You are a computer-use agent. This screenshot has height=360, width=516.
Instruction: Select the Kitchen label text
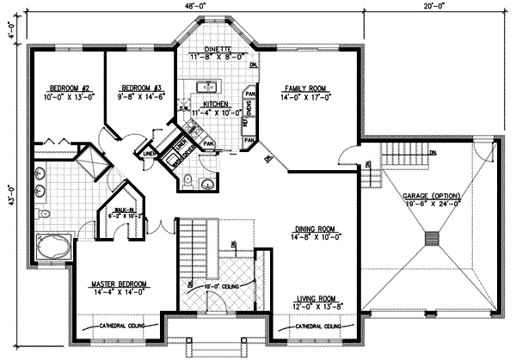point(206,103)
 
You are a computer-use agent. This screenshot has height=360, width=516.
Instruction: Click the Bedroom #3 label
point(142,88)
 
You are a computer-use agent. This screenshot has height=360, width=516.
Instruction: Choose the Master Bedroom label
point(120,283)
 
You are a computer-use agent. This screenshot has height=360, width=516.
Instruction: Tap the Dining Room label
point(318,229)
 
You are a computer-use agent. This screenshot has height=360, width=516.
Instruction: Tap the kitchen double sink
point(206,87)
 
